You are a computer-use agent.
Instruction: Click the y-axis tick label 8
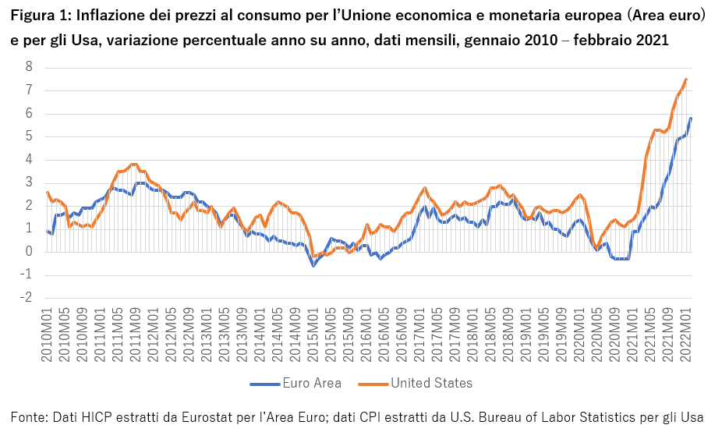[x=29, y=67]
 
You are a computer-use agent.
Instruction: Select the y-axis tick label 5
[x=29, y=136]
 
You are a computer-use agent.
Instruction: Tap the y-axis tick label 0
[x=29, y=252]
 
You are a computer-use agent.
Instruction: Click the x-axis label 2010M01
[x=47, y=334]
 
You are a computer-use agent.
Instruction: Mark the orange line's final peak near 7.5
[x=686, y=79]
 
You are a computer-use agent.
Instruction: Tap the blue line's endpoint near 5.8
[x=691, y=118]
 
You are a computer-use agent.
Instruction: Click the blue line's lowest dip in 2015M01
[x=313, y=266]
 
